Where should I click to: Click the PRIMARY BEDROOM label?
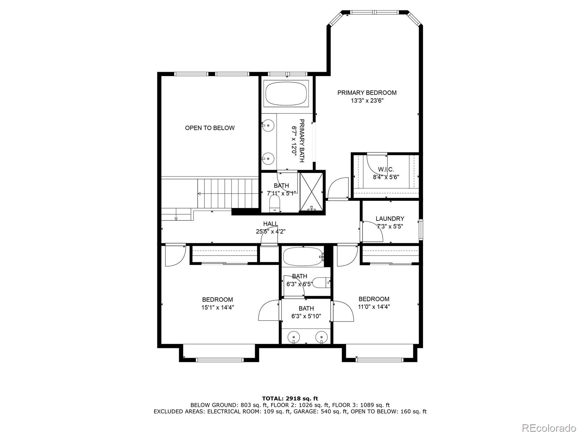(x=367, y=93)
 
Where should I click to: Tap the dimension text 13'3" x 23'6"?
(x=367, y=101)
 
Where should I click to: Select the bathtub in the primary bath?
(x=286, y=94)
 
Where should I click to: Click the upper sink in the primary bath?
(x=268, y=125)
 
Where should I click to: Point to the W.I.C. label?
(x=386, y=169)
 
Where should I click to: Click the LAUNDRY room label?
(x=390, y=219)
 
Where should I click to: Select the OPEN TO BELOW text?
(x=210, y=128)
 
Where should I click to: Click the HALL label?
(x=270, y=224)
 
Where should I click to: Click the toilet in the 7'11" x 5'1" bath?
(x=275, y=204)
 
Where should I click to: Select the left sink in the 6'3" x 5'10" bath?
(x=293, y=337)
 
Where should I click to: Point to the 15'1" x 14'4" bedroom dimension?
(x=217, y=307)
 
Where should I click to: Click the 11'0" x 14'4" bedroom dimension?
(x=374, y=307)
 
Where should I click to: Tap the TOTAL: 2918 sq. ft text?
(x=290, y=398)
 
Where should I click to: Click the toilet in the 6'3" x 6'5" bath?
(x=321, y=282)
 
